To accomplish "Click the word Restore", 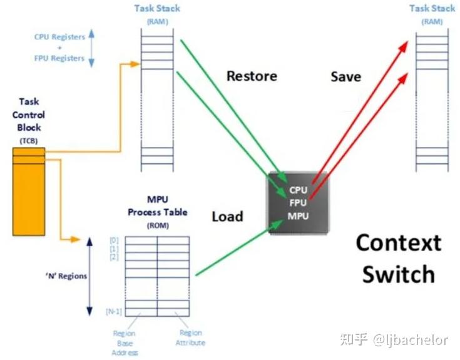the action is point(252,76).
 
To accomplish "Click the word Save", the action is point(346,77).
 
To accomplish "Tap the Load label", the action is point(227,217).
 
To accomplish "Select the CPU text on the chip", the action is point(298,190).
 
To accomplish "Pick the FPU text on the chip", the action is point(298,203).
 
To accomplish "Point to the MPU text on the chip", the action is point(298,216).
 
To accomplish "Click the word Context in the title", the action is point(399,243).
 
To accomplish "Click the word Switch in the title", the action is point(399,274).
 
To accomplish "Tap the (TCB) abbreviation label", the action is point(28,141).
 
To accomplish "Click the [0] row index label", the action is point(114,240).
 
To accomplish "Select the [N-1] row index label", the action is point(114,311).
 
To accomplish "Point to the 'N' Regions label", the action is point(66,276).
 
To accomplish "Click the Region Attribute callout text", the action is point(190,337).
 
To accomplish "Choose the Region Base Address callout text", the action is point(125,343).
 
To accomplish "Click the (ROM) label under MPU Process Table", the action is point(158,225).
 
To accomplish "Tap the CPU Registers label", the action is point(59,37).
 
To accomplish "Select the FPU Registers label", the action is point(59,58).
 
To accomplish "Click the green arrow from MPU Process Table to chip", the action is point(239,248).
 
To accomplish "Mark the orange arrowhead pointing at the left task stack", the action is point(135,64).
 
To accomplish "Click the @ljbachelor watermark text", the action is point(411,340).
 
